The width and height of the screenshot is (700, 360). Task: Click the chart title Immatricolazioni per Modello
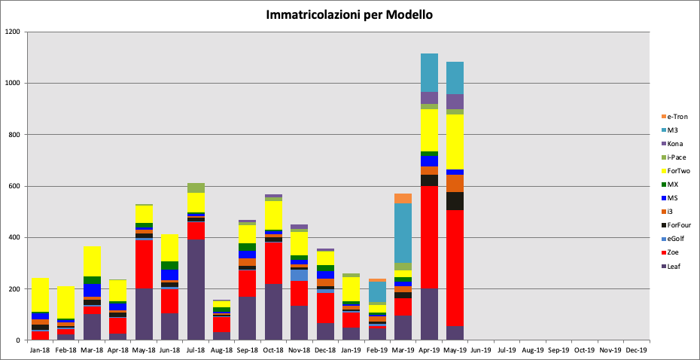click(x=349, y=15)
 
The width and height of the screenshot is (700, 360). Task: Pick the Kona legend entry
click(x=676, y=144)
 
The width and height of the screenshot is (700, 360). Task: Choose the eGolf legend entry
click(x=676, y=239)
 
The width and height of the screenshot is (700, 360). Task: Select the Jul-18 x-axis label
click(x=196, y=349)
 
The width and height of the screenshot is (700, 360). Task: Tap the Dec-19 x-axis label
click(x=637, y=349)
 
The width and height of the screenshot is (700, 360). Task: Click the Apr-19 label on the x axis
click(x=429, y=349)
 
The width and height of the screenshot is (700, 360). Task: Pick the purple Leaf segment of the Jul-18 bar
click(x=196, y=290)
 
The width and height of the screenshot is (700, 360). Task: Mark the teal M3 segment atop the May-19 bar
click(x=455, y=78)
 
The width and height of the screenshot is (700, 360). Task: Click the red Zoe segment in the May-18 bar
click(x=144, y=264)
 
